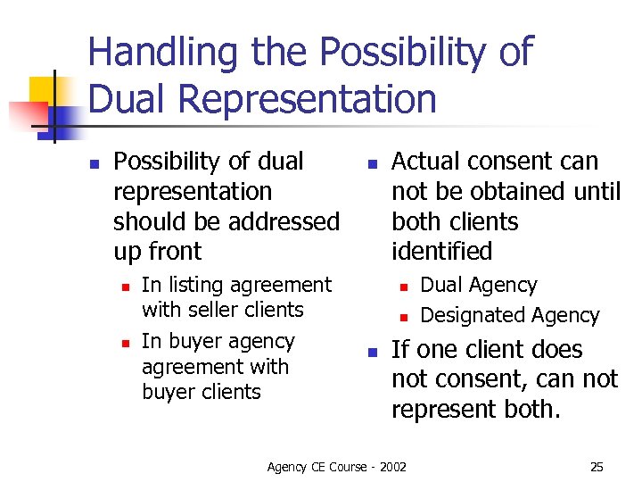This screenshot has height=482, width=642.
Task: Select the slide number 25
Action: coord(597,467)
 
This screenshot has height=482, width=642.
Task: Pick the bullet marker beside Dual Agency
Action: coord(403,287)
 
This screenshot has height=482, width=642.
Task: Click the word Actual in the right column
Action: coord(424,162)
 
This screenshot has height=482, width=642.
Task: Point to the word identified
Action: coord(441,252)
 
